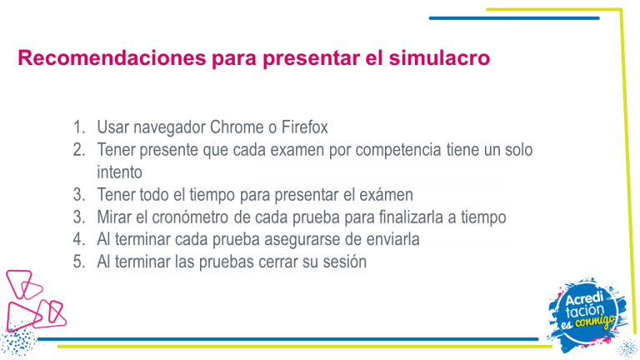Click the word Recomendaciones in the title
click(112, 57)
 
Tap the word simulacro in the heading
click(439, 57)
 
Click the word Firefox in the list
click(304, 127)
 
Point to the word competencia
click(398, 150)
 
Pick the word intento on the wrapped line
click(120, 172)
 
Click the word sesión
click(344, 262)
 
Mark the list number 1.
click(79, 127)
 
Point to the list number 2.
click(79, 150)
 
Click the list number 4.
click(79, 239)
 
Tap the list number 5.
click(79, 262)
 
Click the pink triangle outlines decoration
click(35, 300)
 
